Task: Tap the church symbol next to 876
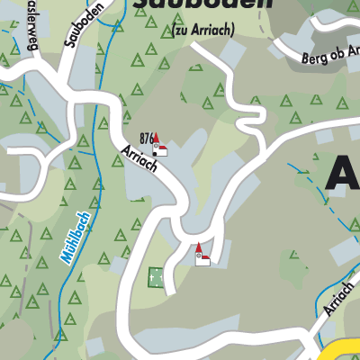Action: pos(158,147)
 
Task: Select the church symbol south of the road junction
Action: pos(202,256)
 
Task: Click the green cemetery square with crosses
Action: pos(157,278)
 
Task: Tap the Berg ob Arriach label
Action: pos(325,59)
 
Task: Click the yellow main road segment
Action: pos(342,351)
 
